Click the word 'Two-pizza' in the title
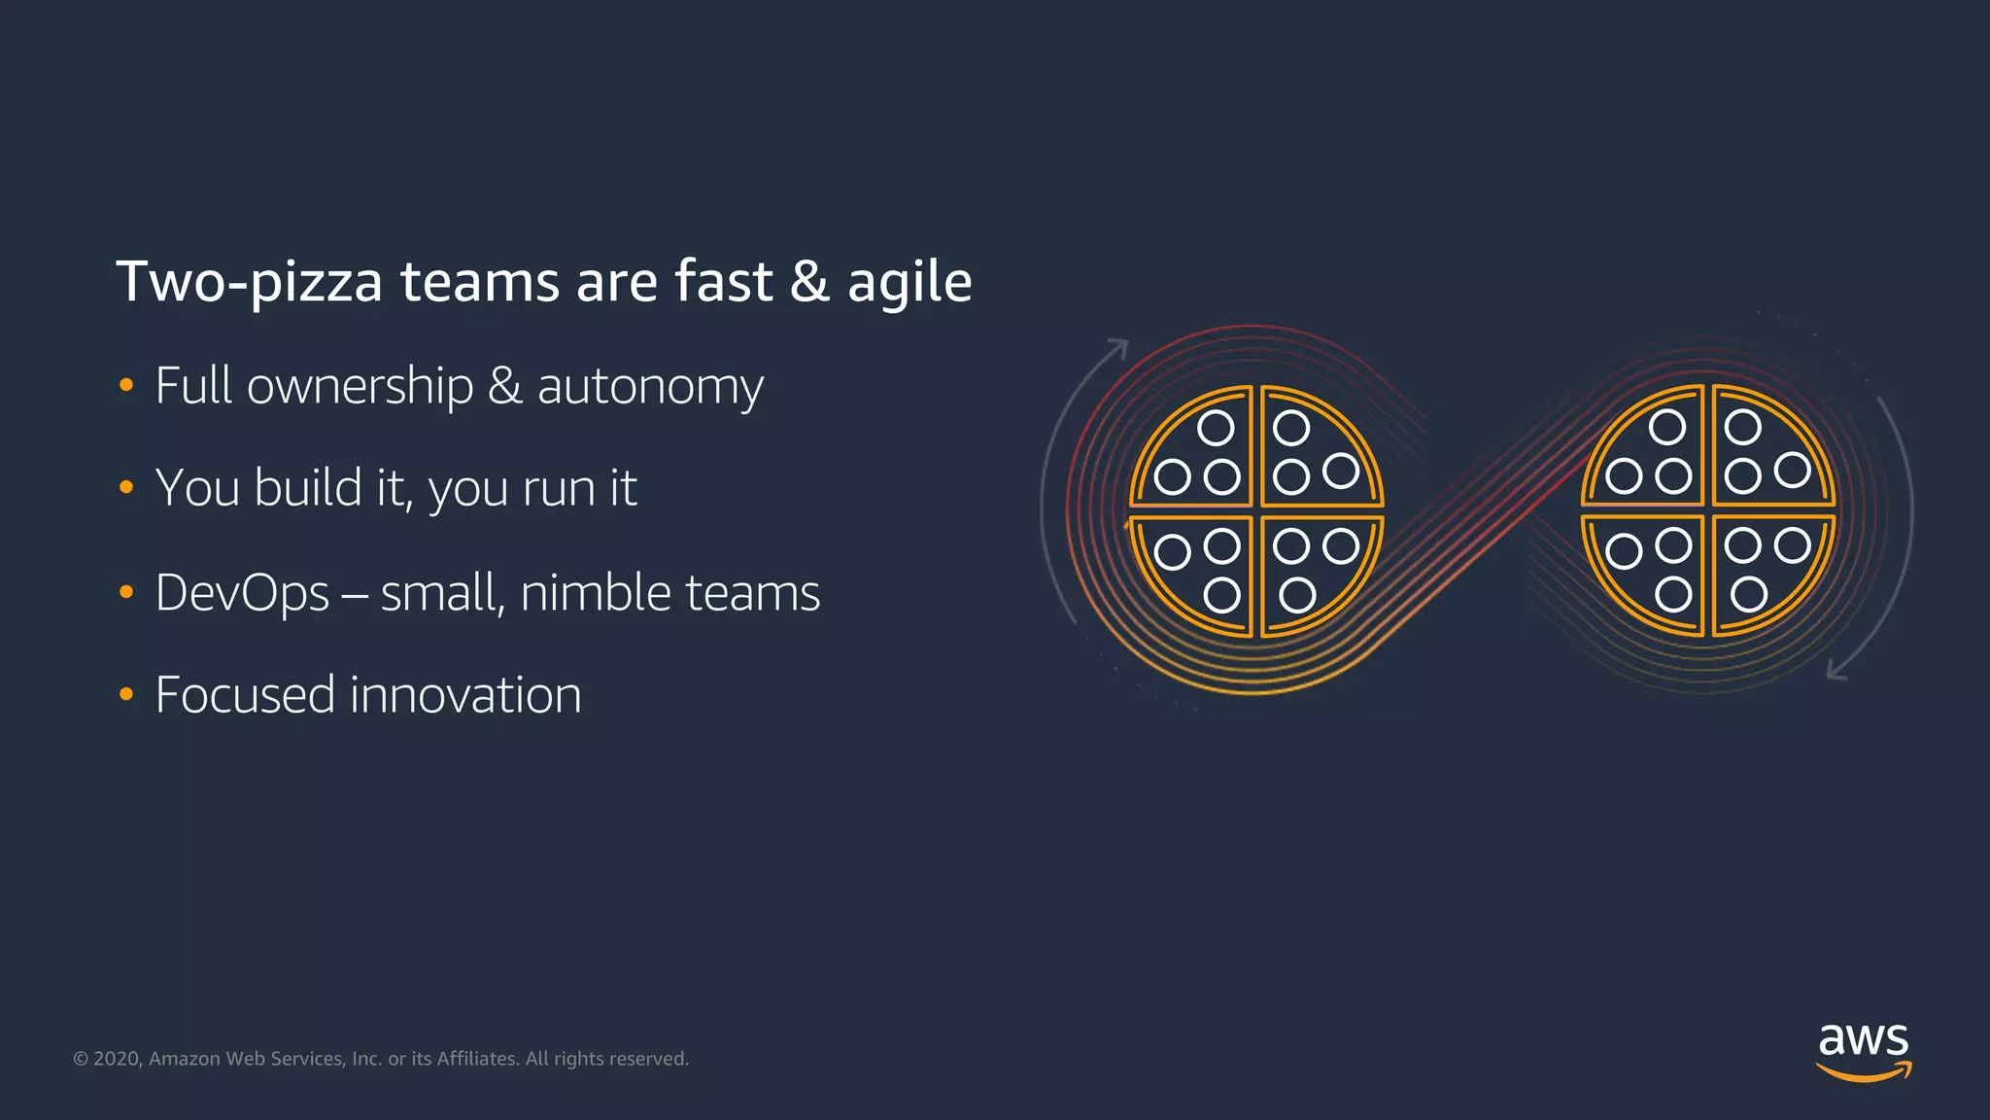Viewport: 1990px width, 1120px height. [x=249, y=282]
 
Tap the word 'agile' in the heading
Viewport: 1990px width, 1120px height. [x=909, y=282]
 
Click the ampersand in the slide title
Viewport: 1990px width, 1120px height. [x=808, y=282]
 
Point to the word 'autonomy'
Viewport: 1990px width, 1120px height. [x=650, y=386]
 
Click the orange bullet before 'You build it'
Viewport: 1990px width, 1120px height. [x=125, y=487]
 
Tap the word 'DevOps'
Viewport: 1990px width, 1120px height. [x=242, y=593]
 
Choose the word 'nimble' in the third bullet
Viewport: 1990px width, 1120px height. [x=595, y=593]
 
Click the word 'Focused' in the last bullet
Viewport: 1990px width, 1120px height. [x=245, y=695]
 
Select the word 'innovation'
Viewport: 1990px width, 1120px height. [x=465, y=695]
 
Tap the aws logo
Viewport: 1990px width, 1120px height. [x=1863, y=1051]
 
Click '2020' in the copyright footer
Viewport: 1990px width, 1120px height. [x=118, y=1059]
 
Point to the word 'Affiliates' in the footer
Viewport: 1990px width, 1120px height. [x=476, y=1059]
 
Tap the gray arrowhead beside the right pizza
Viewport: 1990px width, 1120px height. [x=1836, y=670]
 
